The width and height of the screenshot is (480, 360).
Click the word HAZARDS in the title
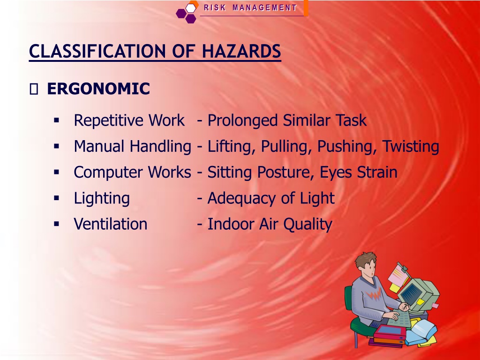(241, 51)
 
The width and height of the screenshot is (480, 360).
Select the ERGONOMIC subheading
(98, 89)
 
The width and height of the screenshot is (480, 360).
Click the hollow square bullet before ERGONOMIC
(34, 90)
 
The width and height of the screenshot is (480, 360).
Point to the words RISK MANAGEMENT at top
(250, 7)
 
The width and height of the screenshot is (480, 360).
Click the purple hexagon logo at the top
(187, 13)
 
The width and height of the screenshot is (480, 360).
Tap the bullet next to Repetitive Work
(56, 120)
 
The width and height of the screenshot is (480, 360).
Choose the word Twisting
(411, 146)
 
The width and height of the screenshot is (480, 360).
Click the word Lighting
(102, 198)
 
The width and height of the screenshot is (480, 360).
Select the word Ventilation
(111, 224)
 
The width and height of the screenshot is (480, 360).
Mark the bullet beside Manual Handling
(56, 146)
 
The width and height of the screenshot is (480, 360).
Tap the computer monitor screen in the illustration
(411, 293)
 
